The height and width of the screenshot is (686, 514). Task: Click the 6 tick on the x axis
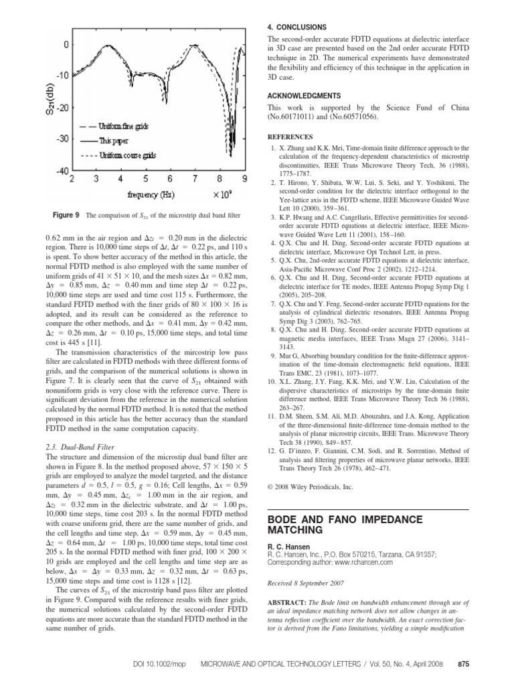(x=170, y=180)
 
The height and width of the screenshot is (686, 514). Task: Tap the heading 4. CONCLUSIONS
(x=297, y=27)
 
